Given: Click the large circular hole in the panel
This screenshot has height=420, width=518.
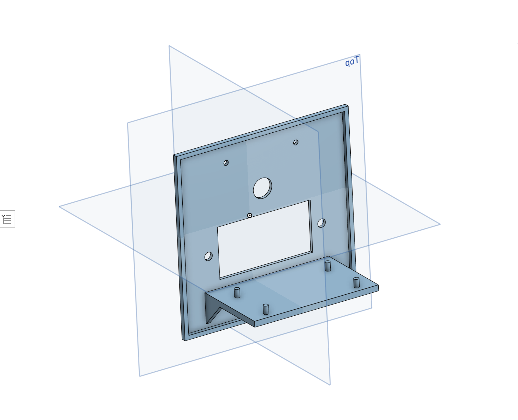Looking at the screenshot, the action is point(262,188).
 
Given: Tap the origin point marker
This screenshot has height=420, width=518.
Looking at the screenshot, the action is point(249,215).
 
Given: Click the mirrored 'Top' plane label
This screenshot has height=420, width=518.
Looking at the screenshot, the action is point(352,61).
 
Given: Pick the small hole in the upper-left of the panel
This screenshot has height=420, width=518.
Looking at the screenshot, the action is point(226,163).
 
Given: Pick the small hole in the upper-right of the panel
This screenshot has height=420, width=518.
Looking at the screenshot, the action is point(296,142).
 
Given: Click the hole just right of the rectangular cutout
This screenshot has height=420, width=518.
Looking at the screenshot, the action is point(321,223).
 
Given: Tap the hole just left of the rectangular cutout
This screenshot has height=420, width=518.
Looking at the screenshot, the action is point(208,256).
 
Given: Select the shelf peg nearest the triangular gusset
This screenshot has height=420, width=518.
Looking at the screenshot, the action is point(237,292).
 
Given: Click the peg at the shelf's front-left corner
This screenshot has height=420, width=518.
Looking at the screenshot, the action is point(266,309).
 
